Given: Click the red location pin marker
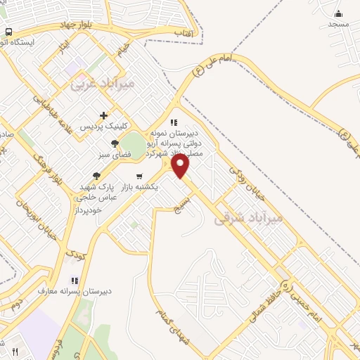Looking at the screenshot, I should tap(181, 165).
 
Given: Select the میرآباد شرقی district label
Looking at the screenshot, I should tap(251, 218).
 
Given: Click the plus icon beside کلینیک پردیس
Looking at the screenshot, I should tap(104, 116).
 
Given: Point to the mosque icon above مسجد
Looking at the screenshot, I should tap(338, 13).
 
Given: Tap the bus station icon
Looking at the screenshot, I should tap(8, 32).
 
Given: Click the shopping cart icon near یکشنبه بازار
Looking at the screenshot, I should tap(139, 176).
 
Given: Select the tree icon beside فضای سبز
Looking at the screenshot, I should tap(115, 143).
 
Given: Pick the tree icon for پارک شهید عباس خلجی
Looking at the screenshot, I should tap(96, 176).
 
